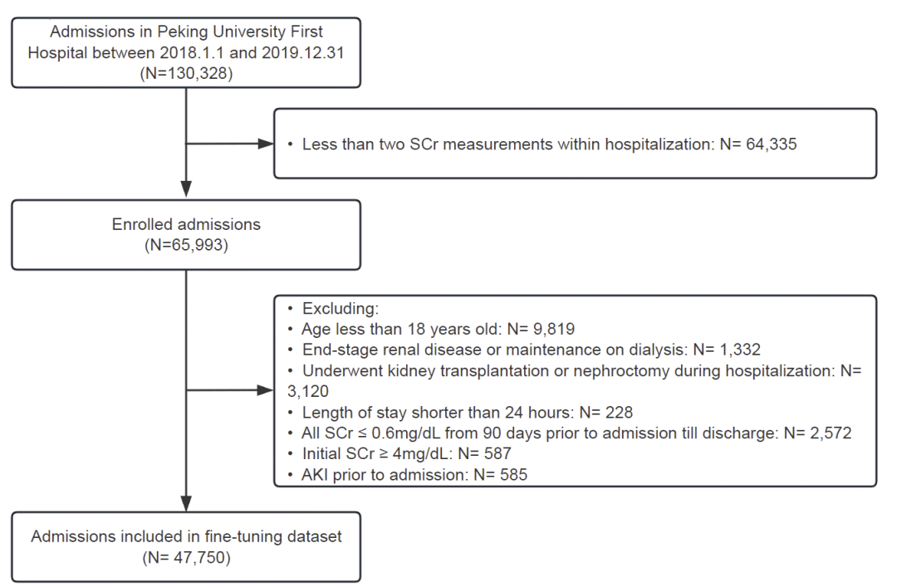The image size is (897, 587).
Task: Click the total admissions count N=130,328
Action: click(x=187, y=73)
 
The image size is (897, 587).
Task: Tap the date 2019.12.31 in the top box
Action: click(x=303, y=52)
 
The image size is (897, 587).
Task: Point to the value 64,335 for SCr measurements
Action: click(x=771, y=144)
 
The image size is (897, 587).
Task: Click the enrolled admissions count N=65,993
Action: click(x=187, y=245)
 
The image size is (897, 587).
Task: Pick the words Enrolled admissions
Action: click(x=187, y=224)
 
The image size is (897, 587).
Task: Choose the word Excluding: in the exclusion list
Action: click(x=341, y=308)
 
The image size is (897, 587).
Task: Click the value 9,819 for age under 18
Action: click(x=554, y=329)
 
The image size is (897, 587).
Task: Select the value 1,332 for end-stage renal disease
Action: click(x=740, y=350)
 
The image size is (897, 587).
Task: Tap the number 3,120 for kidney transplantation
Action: click(x=308, y=391)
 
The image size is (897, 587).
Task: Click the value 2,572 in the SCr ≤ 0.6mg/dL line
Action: click(x=831, y=433)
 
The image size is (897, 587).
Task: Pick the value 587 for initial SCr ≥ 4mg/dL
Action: click(x=498, y=453)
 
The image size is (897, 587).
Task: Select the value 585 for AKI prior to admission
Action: click(x=513, y=475)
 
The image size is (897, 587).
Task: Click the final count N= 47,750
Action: click(x=187, y=557)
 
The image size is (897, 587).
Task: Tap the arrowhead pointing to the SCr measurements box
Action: click(x=266, y=144)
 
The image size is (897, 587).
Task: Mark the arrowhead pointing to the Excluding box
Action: click(x=266, y=391)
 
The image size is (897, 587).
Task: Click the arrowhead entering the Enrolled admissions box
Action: click(x=187, y=189)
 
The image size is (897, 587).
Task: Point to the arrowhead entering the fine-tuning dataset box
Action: click(x=187, y=503)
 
